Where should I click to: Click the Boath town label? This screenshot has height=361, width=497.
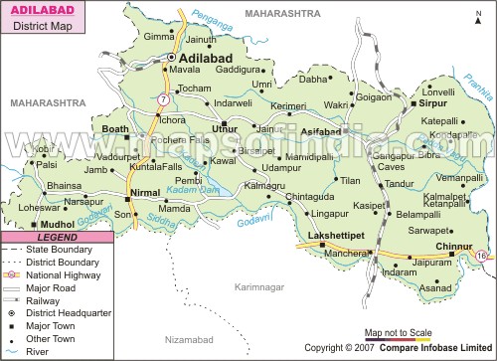(x=115, y=129)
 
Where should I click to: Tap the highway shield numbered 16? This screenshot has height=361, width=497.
(x=482, y=257)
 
